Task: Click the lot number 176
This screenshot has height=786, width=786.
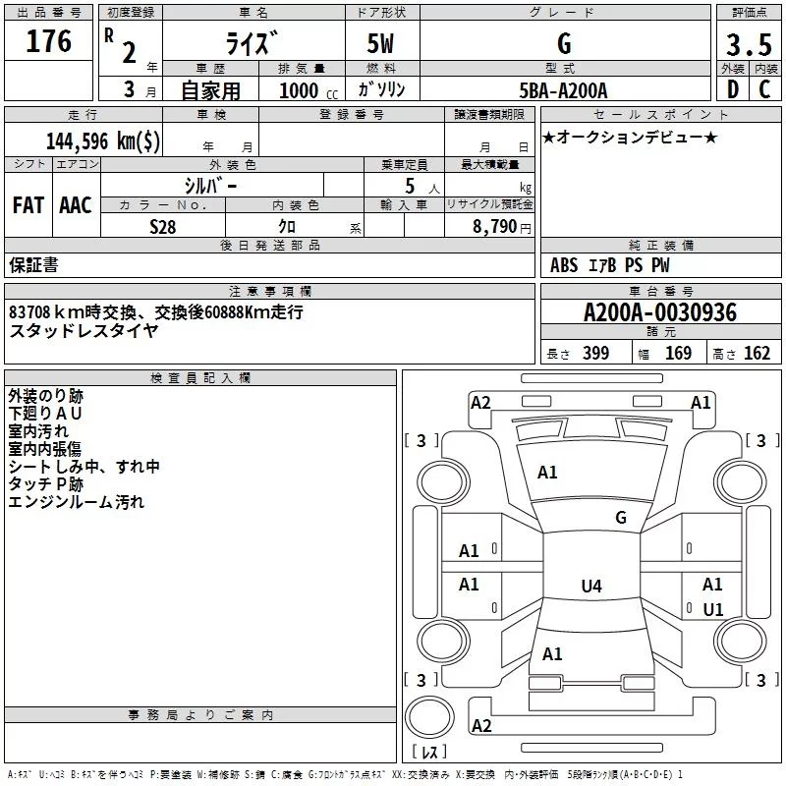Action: point(50,42)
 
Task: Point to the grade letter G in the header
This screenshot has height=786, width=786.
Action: point(564,44)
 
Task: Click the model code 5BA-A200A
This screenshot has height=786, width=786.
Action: point(563,90)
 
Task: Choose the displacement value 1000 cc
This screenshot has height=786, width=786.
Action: point(301,90)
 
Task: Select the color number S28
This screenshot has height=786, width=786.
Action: point(163,226)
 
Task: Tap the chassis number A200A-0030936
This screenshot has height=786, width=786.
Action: point(659,313)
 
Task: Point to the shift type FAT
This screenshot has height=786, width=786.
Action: point(28,204)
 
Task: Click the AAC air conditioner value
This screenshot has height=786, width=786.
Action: point(75,204)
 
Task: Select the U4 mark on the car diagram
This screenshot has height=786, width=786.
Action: point(590,587)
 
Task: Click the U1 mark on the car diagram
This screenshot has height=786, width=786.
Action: point(713,610)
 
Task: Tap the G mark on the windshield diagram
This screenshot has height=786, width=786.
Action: point(621,518)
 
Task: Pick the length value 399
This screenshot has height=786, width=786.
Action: point(595,354)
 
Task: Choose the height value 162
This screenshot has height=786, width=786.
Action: point(757,354)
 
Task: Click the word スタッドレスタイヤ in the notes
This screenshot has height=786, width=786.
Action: point(84,330)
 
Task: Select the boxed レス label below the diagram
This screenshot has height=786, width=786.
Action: point(428,753)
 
